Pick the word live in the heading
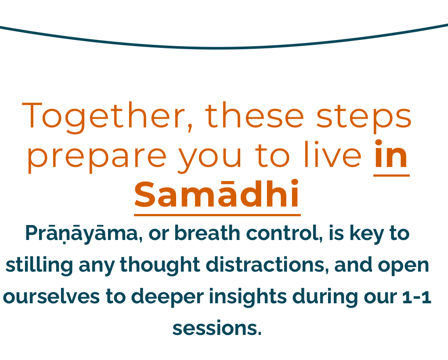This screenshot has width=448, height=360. click(x=333, y=154)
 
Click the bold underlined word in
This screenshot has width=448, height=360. click(x=391, y=154)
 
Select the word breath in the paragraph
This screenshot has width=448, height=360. click(x=207, y=233)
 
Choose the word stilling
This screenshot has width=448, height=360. click(x=40, y=265)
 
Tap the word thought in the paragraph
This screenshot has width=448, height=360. click(x=160, y=265)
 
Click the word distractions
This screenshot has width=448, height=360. click(x=267, y=265)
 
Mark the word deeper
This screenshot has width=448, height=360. click(x=167, y=297)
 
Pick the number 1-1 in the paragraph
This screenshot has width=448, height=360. click(x=416, y=297)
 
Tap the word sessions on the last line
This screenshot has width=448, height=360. click(x=217, y=328)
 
